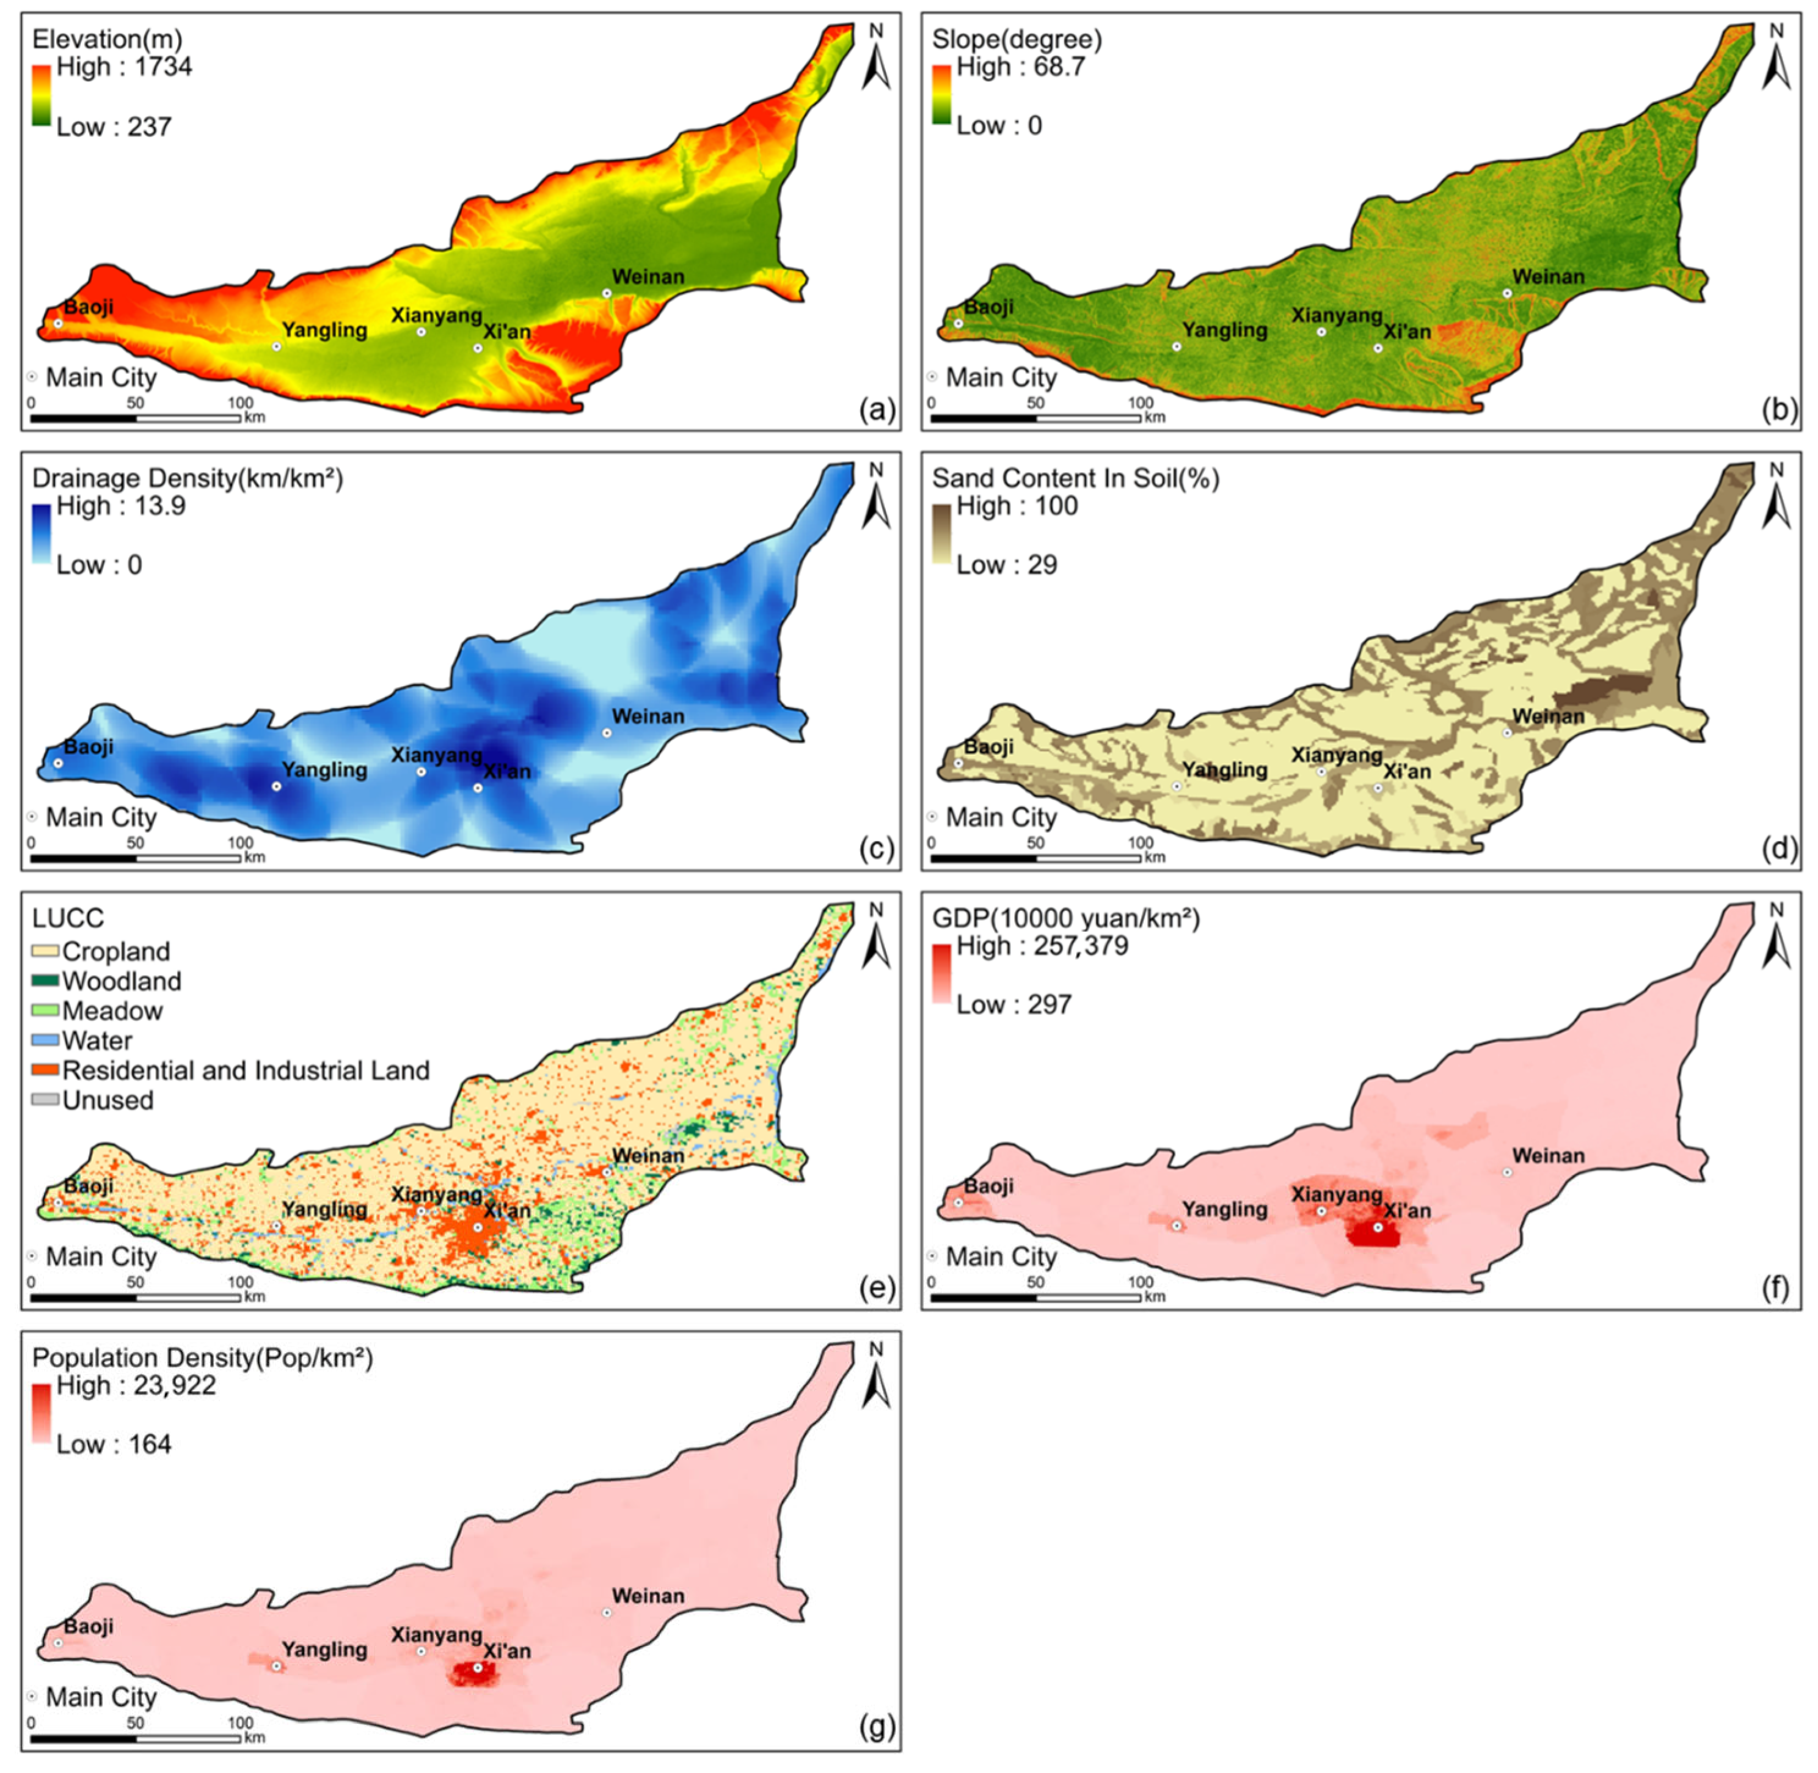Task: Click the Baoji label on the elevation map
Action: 89,307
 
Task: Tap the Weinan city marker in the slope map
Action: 1507,293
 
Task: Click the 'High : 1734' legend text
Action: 124,67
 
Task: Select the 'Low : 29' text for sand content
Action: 1006,565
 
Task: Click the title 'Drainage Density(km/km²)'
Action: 187,478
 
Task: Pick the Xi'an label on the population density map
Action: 507,1651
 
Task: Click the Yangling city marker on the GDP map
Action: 1177,1226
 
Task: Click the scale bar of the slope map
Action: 1035,418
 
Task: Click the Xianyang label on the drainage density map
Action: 436,755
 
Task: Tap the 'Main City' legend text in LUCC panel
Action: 101,1257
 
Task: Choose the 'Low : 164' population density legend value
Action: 114,1445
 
